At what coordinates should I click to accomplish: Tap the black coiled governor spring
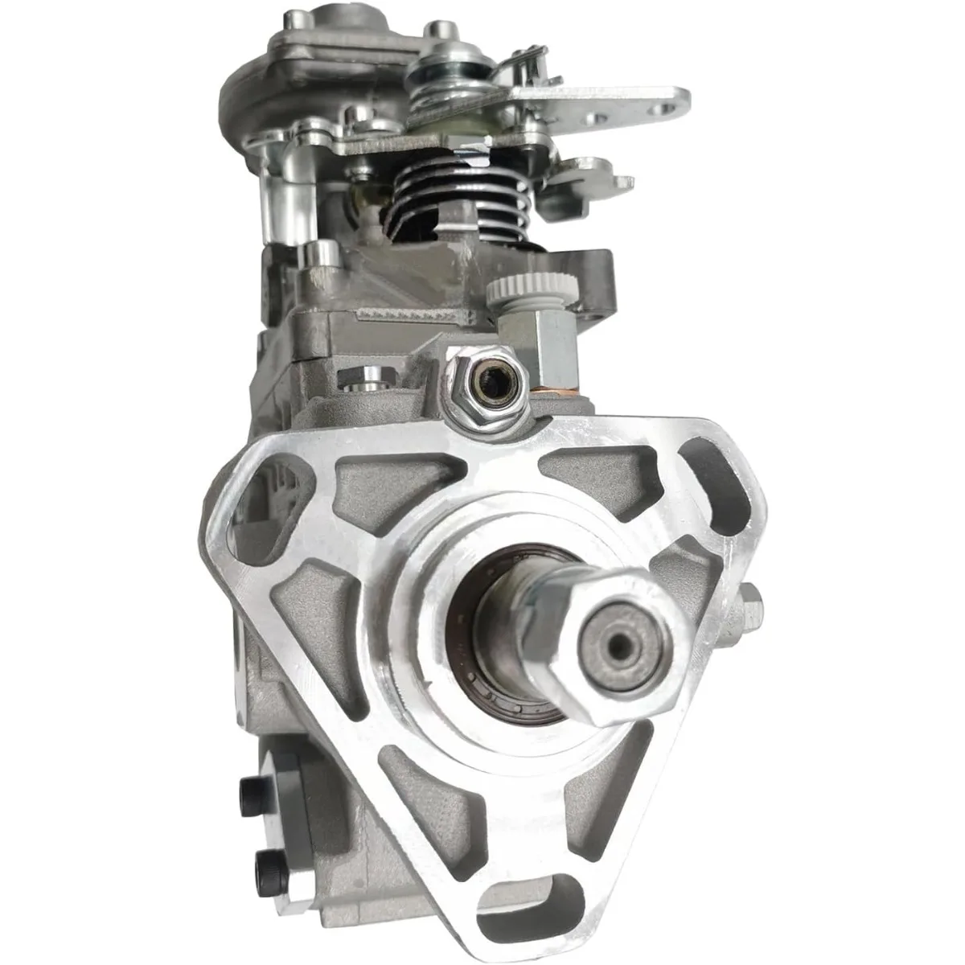[438, 201]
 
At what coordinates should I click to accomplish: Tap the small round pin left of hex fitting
[372, 378]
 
